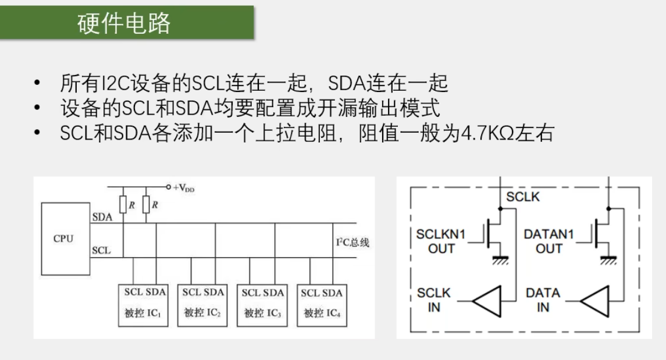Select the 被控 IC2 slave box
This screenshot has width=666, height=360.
(x=202, y=302)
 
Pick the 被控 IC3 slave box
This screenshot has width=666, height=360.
(x=262, y=302)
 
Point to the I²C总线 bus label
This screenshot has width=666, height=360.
(x=352, y=242)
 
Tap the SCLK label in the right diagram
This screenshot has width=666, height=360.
(x=523, y=197)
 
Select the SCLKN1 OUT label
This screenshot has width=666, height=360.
(x=441, y=241)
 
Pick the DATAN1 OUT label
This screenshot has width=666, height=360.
(x=549, y=241)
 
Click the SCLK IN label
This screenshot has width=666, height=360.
(x=434, y=300)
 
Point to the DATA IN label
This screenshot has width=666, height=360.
(x=543, y=300)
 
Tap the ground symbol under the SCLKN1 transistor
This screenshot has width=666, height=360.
(x=500, y=259)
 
